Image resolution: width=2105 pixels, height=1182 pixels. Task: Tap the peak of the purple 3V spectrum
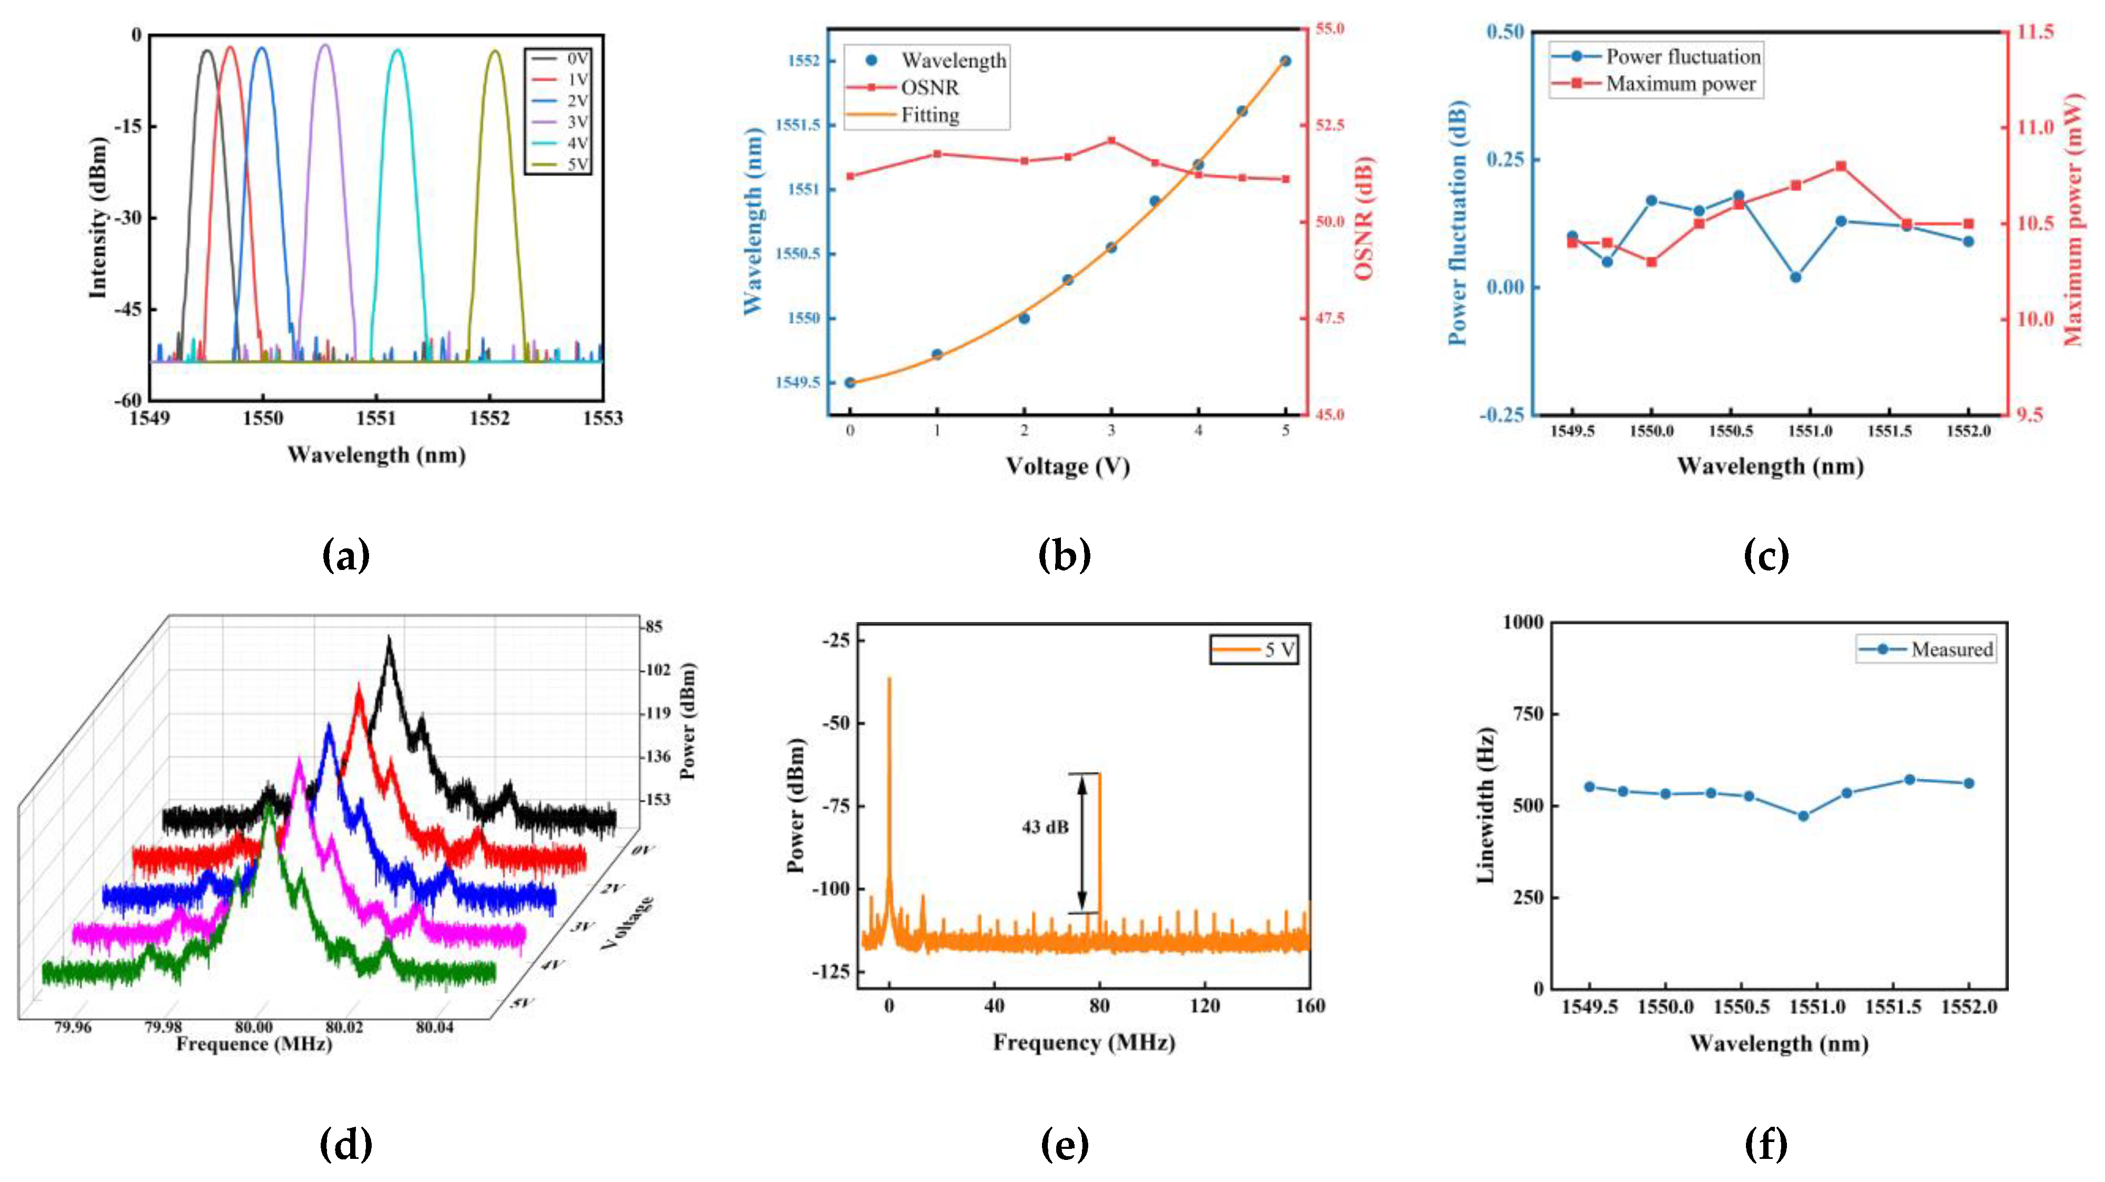325,46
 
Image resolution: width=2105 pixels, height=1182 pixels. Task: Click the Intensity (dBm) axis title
98,218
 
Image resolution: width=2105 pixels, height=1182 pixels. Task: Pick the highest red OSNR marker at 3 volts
1111,140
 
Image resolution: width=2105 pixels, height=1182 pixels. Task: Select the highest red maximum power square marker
1841,166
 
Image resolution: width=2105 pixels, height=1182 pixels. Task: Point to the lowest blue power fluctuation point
1795,277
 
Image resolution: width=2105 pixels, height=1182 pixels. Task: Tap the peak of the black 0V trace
389,638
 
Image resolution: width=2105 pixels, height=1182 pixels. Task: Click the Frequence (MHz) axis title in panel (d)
254,1044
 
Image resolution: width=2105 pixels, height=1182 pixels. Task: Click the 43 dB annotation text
1044,827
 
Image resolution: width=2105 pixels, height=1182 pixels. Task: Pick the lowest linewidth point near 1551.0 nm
1803,816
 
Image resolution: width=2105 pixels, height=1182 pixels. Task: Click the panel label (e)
1064,1144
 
